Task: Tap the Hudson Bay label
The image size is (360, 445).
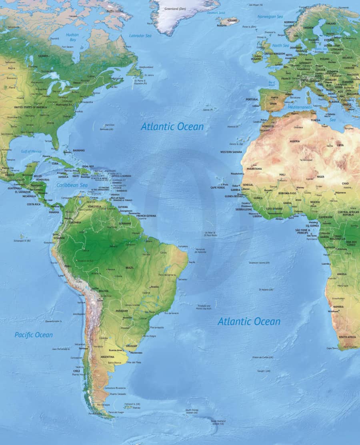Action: pos(72,37)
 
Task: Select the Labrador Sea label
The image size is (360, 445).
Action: pos(140,36)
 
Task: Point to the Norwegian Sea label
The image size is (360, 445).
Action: pos(270,16)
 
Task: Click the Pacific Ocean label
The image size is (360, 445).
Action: pos(34,335)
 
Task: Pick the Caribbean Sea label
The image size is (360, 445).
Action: pos(72,185)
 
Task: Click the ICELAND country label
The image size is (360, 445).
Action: pos(232,20)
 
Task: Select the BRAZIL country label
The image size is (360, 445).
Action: pos(130,267)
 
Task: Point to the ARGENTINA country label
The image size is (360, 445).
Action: pos(107,357)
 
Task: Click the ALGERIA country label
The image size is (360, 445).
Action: pos(294,141)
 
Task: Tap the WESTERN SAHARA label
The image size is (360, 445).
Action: pos(231,152)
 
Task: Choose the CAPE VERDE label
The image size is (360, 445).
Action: pos(218,188)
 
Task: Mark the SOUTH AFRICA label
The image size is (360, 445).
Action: pos(347,337)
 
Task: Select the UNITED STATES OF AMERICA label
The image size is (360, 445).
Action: pos(30,107)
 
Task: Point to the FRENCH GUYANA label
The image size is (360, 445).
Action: pos(146,216)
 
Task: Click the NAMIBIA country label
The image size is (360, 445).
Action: pos(338,307)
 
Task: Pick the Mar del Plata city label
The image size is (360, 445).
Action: pos(134,362)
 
